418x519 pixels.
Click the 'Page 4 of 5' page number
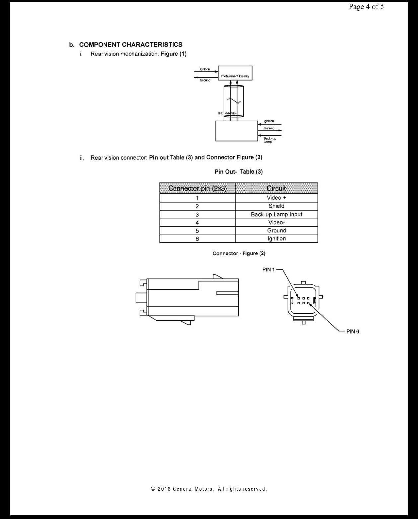coord(366,7)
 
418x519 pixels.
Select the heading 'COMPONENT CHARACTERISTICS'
coord(131,45)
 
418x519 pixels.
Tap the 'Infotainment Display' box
coord(235,73)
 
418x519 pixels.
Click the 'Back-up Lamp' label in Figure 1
coord(270,140)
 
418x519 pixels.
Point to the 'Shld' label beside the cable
coord(221,113)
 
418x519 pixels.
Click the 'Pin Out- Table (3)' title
coord(239,172)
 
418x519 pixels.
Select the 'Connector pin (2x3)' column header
coord(197,188)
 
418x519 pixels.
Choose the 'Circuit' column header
coord(276,188)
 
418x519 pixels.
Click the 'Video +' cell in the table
coord(276,198)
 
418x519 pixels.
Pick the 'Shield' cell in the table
coord(276,206)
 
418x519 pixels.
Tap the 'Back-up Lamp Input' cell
coord(276,214)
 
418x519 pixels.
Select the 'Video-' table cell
coord(276,222)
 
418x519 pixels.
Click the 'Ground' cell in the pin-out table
coord(276,230)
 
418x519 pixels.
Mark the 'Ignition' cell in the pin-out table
coord(276,238)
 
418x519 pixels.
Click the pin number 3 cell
coord(197,215)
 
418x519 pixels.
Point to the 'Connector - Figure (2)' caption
coord(239,253)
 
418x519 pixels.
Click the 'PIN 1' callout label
coord(268,270)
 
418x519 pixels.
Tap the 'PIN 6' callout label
coord(353,331)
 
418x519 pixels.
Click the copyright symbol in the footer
coord(153,489)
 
